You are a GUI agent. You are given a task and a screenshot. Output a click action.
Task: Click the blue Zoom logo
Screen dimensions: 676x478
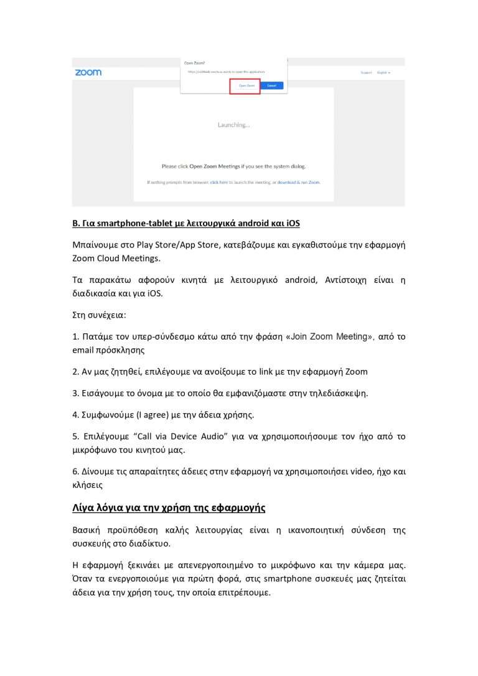pyautogui.click(x=88, y=72)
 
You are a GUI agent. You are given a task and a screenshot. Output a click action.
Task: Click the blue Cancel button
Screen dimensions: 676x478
pyautogui.click(x=271, y=85)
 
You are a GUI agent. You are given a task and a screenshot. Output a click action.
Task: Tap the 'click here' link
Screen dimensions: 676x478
pyautogui.click(x=218, y=183)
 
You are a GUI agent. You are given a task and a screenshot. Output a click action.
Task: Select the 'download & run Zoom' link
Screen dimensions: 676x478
pyautogui.click(x=299, y=183)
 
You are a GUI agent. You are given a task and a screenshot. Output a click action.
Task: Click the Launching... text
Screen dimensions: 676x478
pyautogui.click(x=233, y=125)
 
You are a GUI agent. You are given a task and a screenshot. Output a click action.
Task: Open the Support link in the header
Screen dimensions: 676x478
pyautogui.click(x=366, y=73)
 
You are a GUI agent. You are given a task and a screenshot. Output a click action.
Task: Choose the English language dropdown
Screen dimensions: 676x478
pyautogui.click(x=383, y=73)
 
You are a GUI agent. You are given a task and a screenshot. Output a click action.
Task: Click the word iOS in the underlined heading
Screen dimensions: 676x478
pyautogui.click(x=293, y=223)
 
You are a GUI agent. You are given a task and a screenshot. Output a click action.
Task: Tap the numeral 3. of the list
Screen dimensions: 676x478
pyautogui.click(x=75, y=393)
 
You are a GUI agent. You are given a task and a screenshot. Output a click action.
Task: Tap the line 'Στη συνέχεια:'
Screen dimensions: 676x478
pyautogui.click(x=99, y=315)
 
